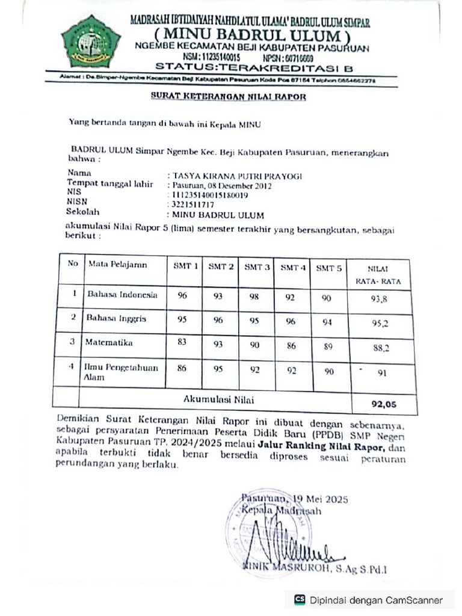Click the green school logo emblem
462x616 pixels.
[x=91, y=41]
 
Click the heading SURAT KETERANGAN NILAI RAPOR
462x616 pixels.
[x=228, y=96]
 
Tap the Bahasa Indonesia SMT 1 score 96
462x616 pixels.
[x=182, y=295]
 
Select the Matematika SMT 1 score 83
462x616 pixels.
[x=182, y=342]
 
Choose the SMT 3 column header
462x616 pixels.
[x=257, y=267]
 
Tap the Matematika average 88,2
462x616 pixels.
[x=380, y=347]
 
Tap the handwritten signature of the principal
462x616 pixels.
[x=283, y=544]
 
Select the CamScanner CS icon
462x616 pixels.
[x=300, y=600]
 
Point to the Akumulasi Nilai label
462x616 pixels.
[x=220, y=398]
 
